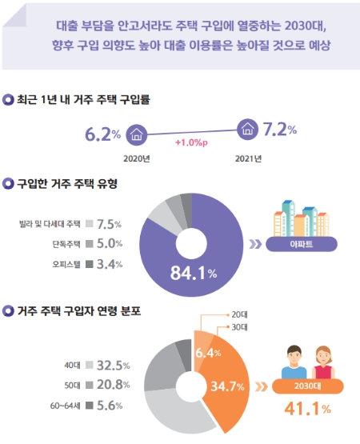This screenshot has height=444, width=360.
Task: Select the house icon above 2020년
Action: (x=137, y=133)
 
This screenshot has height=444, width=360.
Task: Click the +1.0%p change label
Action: (x=192, y=142)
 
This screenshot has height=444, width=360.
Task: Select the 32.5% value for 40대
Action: (x=113, y=366)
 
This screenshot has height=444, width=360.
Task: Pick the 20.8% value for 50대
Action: (x=113, y=386)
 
